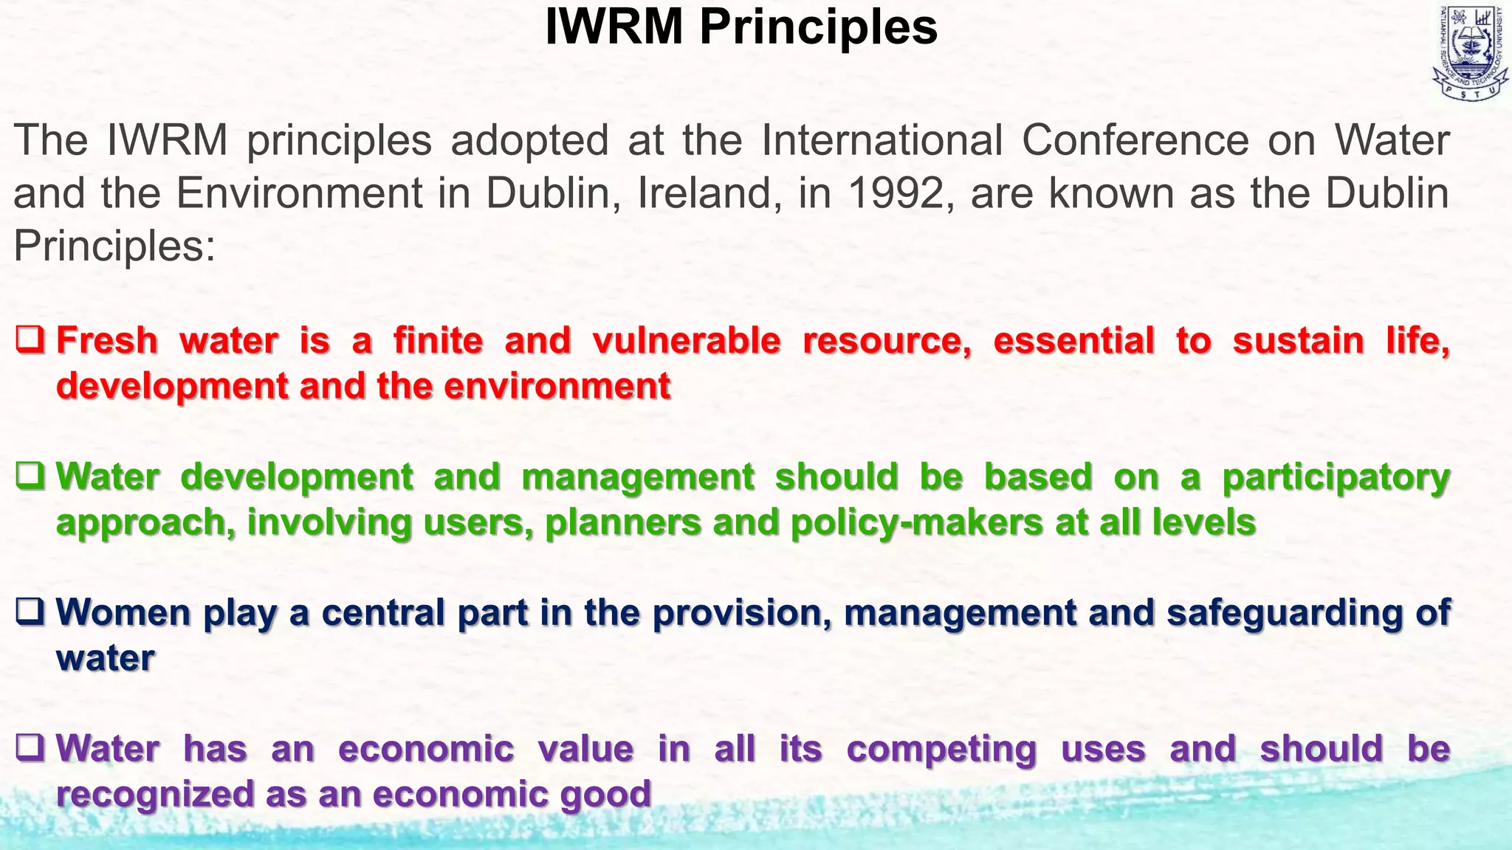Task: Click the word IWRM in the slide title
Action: click(614, 27)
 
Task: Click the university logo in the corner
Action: click(1470, 52)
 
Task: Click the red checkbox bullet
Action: click(31, 341)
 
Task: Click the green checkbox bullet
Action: click(31, 477)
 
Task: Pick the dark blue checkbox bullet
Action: click(31, 612)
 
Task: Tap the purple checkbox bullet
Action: click(31, 749)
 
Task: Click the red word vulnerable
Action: click(686, 341)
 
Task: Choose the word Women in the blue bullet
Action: click(123, 612)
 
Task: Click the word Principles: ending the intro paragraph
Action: click(114, 246)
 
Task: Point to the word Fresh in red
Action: click(107, 341)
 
